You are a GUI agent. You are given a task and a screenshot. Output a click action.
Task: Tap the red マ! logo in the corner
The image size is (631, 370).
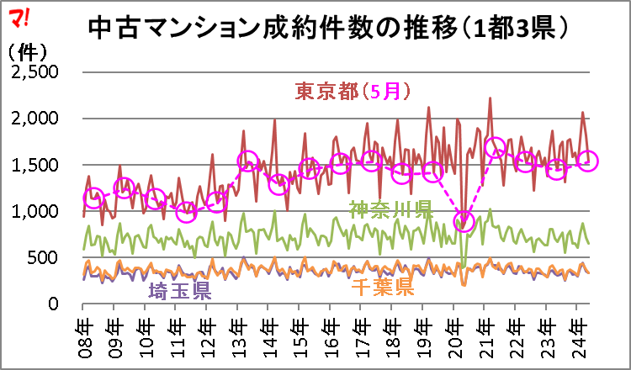tap(18, 13)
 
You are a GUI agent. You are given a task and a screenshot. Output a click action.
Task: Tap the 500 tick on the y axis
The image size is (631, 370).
tap(45, 257)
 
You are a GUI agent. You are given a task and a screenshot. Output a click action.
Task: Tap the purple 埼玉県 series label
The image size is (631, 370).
tap(179, 291)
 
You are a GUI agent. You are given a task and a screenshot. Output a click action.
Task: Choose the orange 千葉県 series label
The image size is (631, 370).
tap(382, 288)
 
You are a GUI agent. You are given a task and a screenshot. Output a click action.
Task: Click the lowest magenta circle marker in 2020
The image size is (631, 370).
tap(464, 222)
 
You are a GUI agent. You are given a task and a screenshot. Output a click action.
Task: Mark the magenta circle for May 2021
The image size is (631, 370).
tap(496, 148)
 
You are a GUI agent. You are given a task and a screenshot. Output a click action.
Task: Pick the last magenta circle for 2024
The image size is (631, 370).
tap(587, 160)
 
